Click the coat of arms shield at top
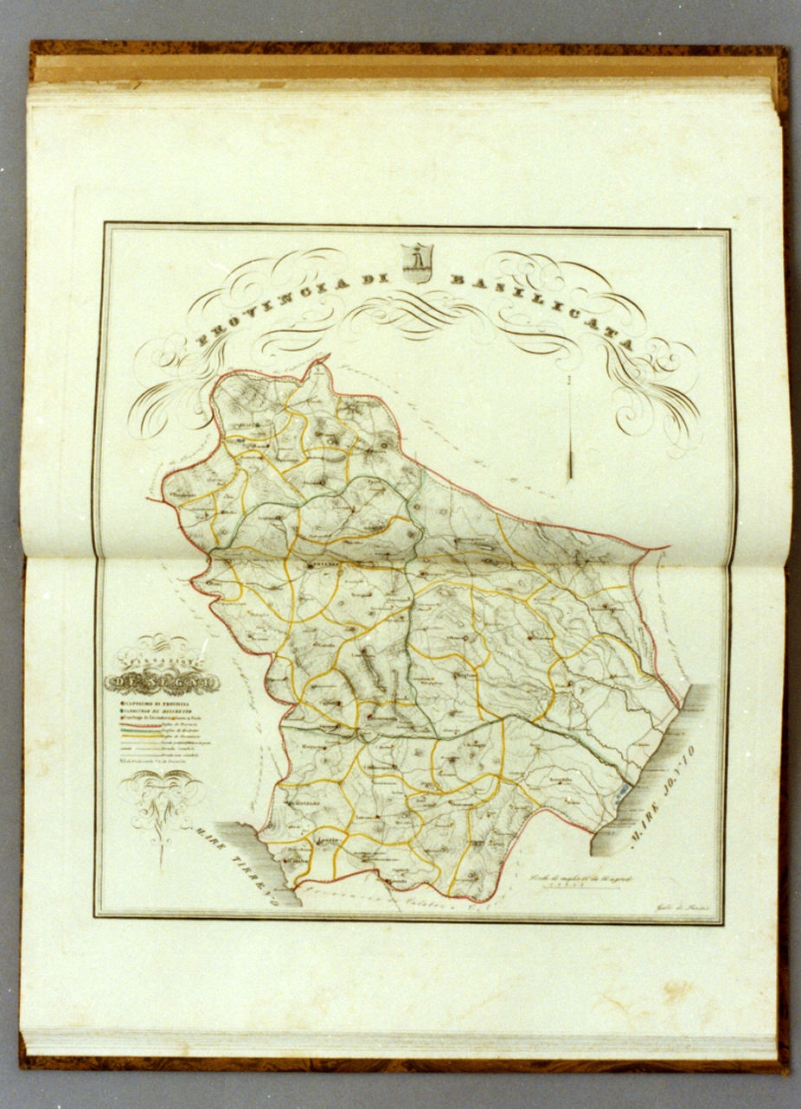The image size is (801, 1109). pos(417,262)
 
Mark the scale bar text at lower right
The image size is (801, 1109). pos(571,877)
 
